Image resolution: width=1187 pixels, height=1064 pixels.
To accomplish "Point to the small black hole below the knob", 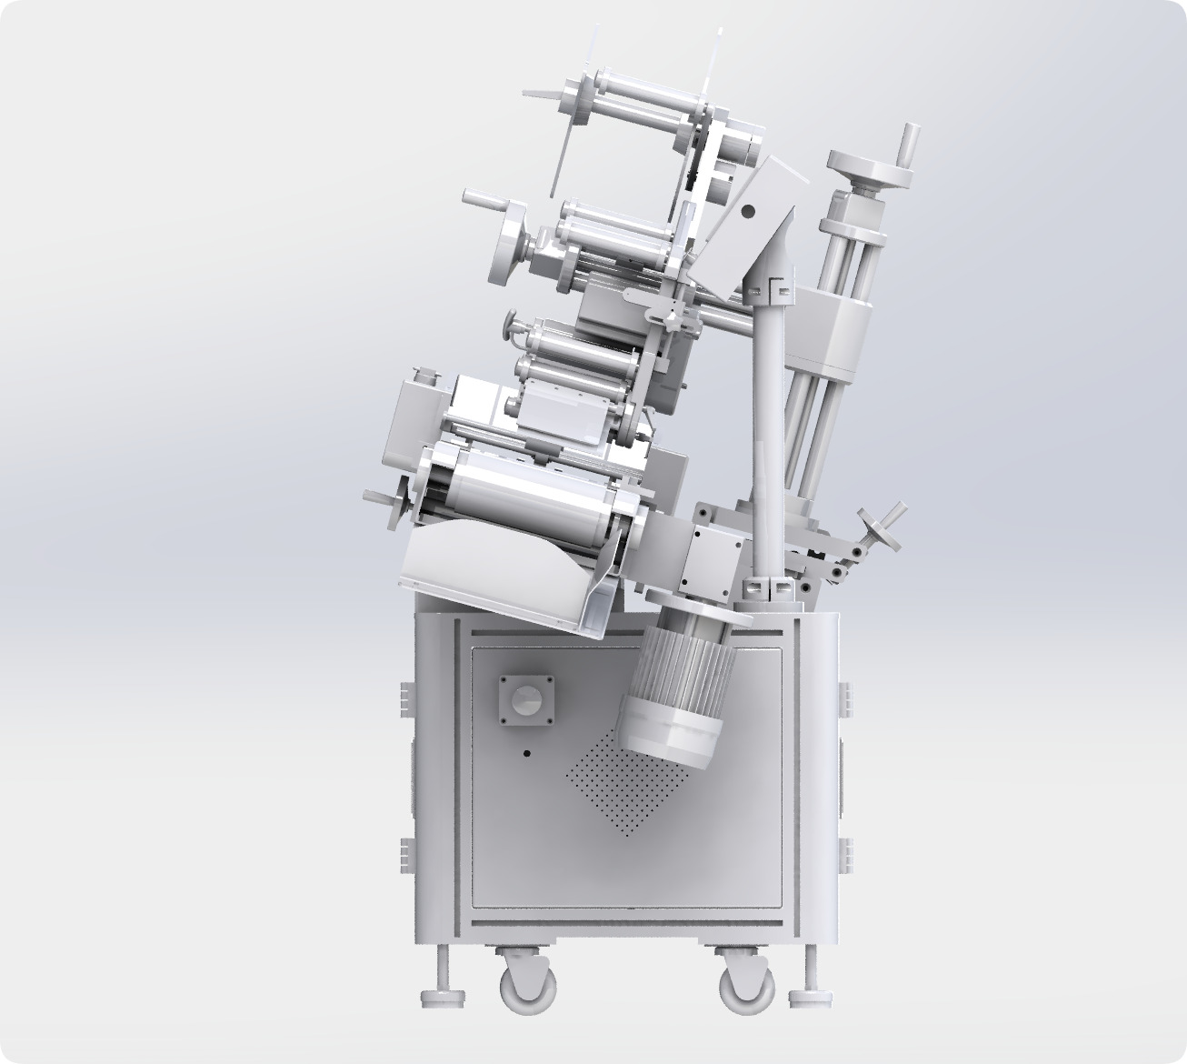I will coord(526,753).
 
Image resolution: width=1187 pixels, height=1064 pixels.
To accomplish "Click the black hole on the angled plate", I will coord(748,211).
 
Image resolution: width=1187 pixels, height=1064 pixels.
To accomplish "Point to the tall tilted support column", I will coord(768,427).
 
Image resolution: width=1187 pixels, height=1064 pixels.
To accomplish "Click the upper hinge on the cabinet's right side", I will coord(845,698).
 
